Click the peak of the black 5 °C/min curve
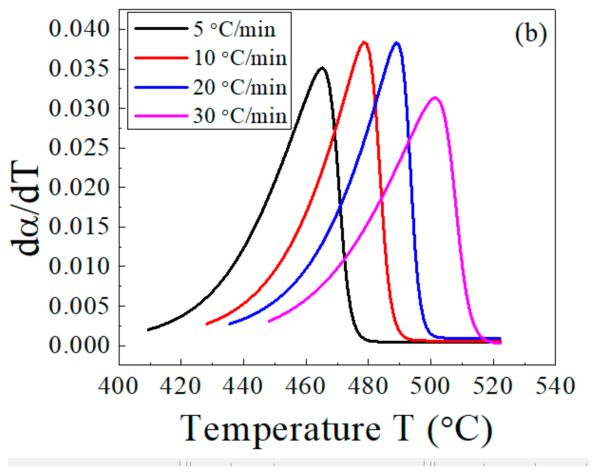coord(322,68)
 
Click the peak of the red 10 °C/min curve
coord(364,42)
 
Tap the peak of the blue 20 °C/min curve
coord(397,43)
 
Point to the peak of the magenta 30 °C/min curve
coord(435,98)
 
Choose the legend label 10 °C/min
coord(240,58)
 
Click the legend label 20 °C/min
coord(240,87)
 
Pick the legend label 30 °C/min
coord(240,116)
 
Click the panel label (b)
coord(531,35)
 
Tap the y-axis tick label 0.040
coord(79,29)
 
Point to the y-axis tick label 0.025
coord(79,148)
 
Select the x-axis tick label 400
coord(118,386)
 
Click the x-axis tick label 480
coord(368,386)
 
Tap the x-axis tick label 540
coord(555,386)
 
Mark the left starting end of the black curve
coord(149,329)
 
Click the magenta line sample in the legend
coord(161,116)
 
